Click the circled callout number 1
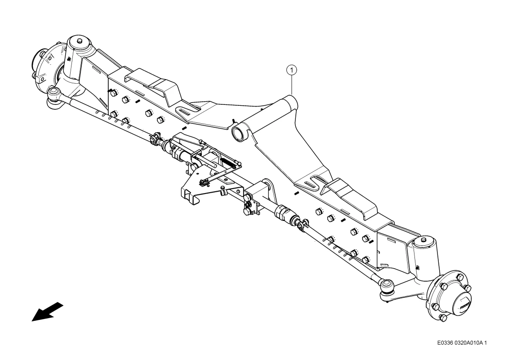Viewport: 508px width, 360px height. [x=292, y=70]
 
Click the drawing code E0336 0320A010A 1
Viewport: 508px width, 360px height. [x=462, y=343]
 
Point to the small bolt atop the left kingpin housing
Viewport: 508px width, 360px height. [x=80, y=41]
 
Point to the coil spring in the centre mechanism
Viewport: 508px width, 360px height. [x=229, y=161]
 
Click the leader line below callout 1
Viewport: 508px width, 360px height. [x=292, y=85]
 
